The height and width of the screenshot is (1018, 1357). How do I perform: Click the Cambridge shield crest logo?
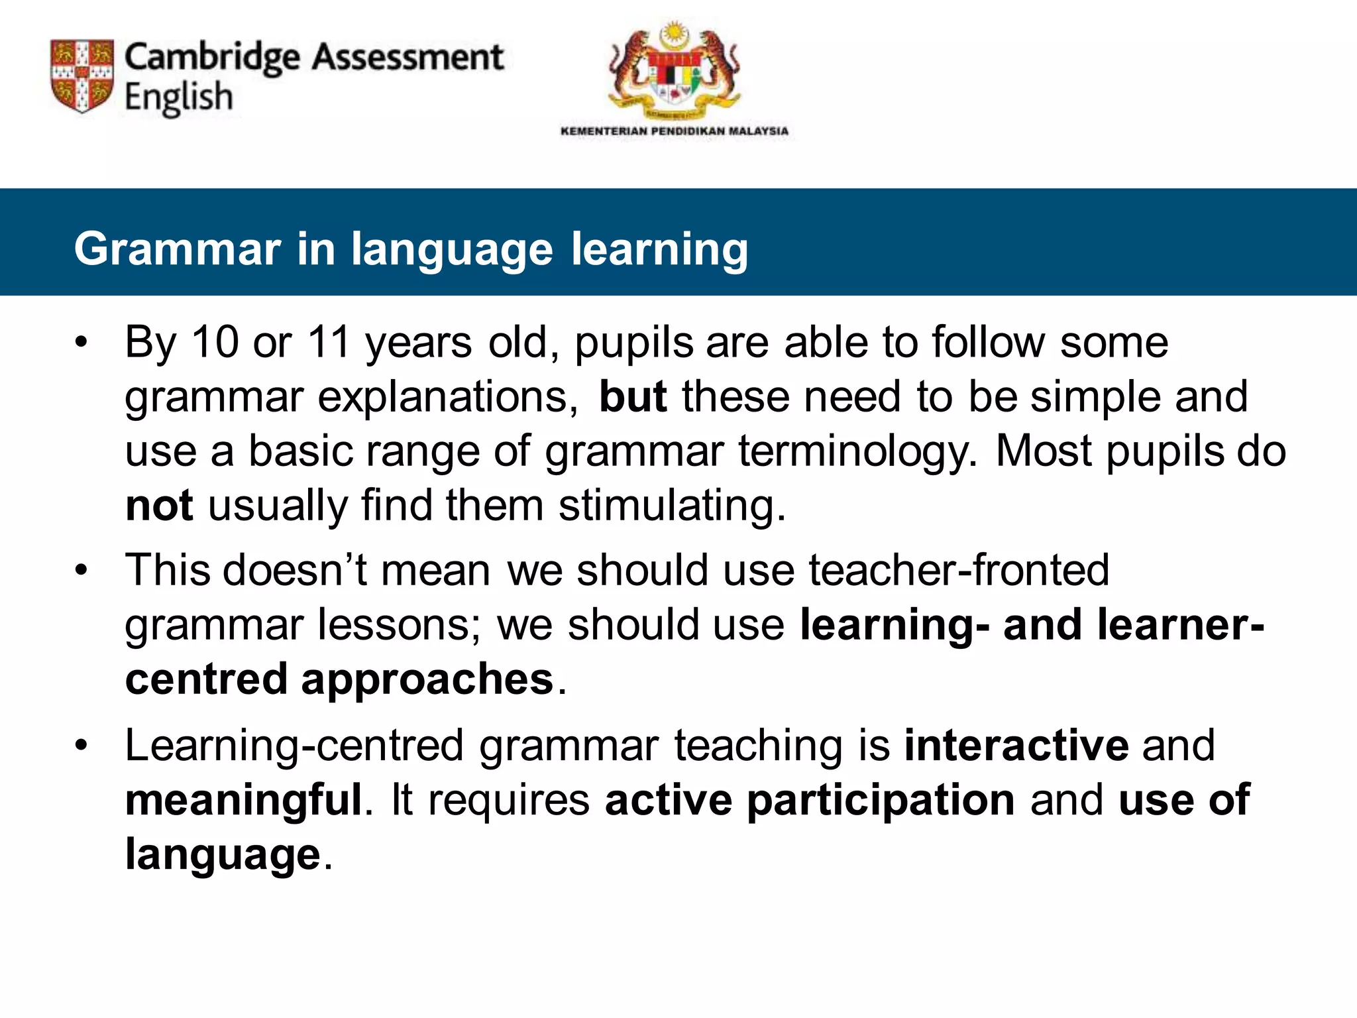click(x=82, y=76)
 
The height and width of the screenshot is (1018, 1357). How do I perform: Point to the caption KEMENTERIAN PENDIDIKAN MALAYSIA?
click(x=674, y=131)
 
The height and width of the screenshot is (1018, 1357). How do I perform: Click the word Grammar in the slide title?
click(x=177, y=249)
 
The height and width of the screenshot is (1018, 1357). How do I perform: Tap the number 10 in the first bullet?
click(x=215, y=343)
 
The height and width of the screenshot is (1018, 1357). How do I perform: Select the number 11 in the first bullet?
click(x=329, y=343)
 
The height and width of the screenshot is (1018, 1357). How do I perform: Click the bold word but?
click(x=632, y=397)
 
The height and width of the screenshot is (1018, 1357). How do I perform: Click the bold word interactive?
click(x=1016, y=746)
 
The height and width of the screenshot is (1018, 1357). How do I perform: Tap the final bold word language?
click(x=223, y=854)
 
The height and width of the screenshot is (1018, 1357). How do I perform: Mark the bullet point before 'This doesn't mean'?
click(x=81, y=570)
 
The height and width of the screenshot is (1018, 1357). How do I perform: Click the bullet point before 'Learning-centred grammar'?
click(x=81, y=746)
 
